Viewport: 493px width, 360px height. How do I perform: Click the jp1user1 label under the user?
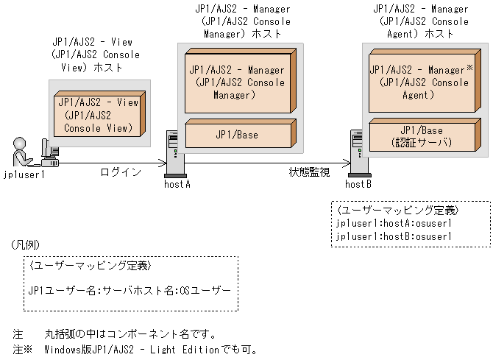(24, 174)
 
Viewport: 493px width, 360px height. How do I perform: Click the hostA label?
(177, 184)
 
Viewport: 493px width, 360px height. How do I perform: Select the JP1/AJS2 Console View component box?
(97, 116)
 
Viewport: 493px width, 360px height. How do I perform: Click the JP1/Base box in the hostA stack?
(237, 135)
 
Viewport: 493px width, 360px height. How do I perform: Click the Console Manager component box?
(237, 82)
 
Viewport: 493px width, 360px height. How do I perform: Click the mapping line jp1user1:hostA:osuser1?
(393, 223)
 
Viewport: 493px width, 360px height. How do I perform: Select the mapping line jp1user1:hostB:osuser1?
(393, 236)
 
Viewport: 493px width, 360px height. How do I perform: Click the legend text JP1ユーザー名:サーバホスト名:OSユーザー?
(130, 289)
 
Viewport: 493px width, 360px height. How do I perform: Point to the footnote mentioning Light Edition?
(136, 348)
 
